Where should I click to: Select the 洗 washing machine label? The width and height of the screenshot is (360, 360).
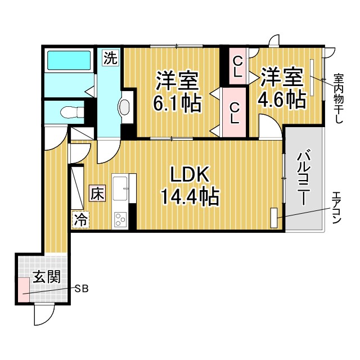click(111, 57)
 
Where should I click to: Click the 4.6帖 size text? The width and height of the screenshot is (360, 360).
click(281, 100)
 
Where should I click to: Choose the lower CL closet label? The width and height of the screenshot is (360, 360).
click(235, 113)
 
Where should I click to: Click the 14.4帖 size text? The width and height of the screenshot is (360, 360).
click(190, 197)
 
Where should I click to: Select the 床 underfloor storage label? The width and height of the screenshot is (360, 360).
click(97, 194)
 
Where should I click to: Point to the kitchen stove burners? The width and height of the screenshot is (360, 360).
click(121, 218)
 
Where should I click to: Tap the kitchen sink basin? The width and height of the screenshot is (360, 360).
click(121, 188)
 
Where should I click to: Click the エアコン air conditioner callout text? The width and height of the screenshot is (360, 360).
click(336, 208)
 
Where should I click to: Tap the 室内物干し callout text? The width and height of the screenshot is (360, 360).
click(339, 99)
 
